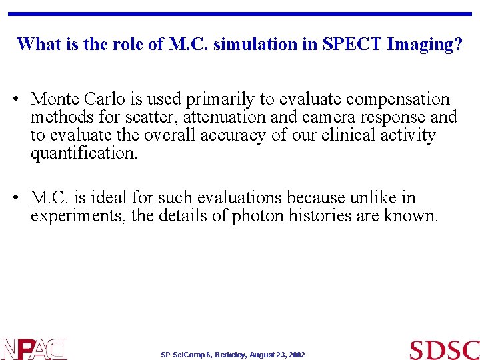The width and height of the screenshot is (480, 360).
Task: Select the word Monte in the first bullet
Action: [x=55, y=99]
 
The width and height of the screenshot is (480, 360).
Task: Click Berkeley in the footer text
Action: [x=231, y=355]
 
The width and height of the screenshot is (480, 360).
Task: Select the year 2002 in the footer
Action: [x=297, y=355]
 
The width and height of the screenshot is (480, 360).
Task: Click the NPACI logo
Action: [x=33, y=349]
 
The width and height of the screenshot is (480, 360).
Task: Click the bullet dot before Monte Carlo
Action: [x=15, y=100]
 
